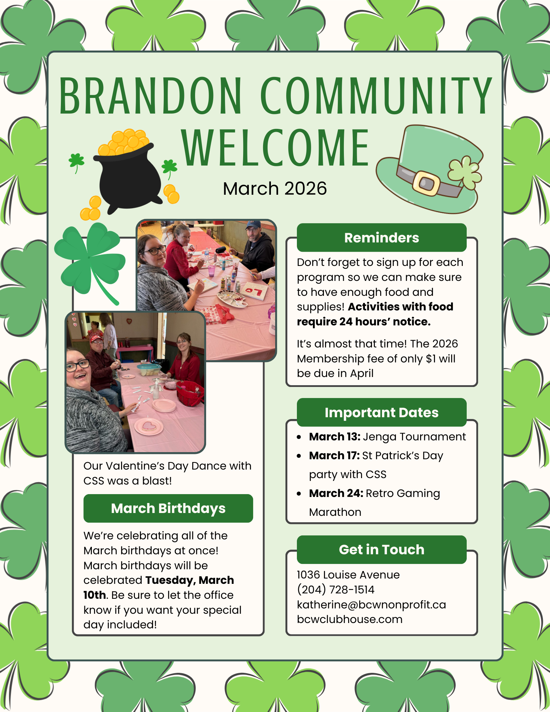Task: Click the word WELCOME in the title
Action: [x=276, y=148]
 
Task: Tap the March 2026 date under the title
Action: [x=275, y=189]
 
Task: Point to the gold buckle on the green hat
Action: [x=426, y=183]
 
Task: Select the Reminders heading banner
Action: [x=382, y=237]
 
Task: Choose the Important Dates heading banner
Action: [x=382, y=412]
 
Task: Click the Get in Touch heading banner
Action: [x=382, y=550]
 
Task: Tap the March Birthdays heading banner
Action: [x=168, y=508]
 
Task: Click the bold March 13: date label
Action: [x=335, y=436]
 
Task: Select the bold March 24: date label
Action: [x=336, y=493]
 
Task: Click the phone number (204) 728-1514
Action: [x=336, y=590]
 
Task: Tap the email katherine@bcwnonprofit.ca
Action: [x=371, y=604]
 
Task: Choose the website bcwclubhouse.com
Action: [x=350, y=619]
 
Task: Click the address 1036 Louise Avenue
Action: [x=348, y=575]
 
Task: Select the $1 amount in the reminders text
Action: [x=431, y=358]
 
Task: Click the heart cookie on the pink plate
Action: [x=149, y=425]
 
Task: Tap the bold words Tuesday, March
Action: [x=190, y=580]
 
